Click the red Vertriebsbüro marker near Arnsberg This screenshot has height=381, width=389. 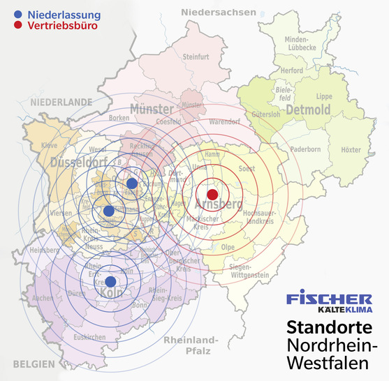click(213, 193)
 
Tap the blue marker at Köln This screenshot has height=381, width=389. click(110, 281)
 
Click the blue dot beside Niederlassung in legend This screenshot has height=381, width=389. click(17, 14)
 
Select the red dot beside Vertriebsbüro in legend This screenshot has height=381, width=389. click(17, 26)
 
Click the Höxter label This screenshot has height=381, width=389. click(351, 150)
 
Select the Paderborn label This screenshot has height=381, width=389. click(305, 149)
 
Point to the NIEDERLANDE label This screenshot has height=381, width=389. click(61, 102)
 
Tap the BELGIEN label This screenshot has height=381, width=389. click(32, 364)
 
